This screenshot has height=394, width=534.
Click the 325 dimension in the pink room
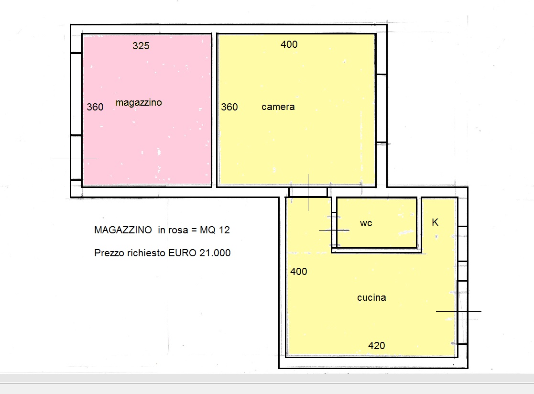pos(141,45)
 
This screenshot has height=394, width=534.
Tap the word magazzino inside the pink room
pos(139,102)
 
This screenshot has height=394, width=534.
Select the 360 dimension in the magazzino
pos(95,107)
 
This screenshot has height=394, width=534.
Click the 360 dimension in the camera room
pos(229,107)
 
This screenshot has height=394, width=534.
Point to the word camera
pos(278,107)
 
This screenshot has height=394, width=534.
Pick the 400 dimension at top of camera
pos(289,44)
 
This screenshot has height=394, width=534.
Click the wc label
pos(366,223)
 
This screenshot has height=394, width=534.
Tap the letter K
pos(435,222)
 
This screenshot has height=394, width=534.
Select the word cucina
pos(371,297)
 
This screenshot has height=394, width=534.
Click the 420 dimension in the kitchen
pos(377,346)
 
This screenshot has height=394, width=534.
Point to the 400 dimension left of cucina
pos(299,272)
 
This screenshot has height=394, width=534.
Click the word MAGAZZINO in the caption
pos(123,230)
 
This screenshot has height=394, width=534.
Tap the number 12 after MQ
pos(224,230)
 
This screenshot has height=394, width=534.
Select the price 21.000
pos(215,252)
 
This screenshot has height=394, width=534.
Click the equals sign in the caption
pos(194,230)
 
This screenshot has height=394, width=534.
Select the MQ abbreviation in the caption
pos(207,230)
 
